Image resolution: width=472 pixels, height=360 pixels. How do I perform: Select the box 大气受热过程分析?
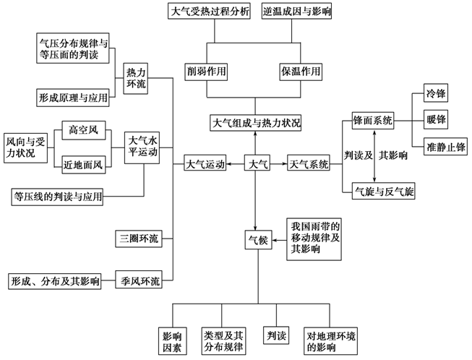pyautogui.click(x=210, y=12)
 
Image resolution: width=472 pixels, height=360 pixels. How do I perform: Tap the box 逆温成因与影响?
pyautogui.click(x=297, y=12)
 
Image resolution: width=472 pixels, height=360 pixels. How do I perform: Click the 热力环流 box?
pyautogui.click(x=137, y=77)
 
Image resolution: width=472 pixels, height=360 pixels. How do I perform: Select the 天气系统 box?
pyautogui.click(x=308, y=164)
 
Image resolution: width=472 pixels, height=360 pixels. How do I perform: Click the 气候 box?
pyautogui.click(x=257, y=239)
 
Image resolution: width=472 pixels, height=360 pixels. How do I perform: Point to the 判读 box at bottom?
pyautogui.click(x=276, y=336)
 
